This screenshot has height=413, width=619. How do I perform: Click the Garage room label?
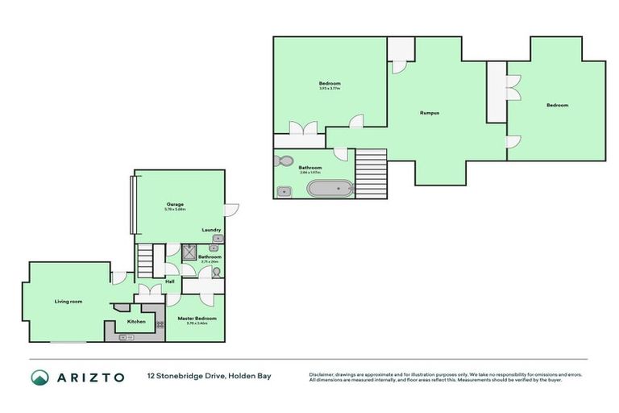pyautogui.click(x=175, y=204)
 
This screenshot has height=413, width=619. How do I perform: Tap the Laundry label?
pyautogui.click(x=211, y=230)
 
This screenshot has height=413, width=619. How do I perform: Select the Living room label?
pyautogui.click(x=69, y=302)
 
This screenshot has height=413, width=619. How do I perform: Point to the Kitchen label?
pyautogui.click(x=136, y=322)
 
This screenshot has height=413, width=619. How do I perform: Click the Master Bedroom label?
pyautogui.click(x=197, y=319)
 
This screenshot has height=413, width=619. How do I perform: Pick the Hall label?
pyautogui.click(x=170, y=282)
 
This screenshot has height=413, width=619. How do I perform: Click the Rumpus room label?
pyautogui.click(x=429, y=112)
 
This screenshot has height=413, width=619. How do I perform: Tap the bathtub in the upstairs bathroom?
pyautogui.click(x=330, y=190)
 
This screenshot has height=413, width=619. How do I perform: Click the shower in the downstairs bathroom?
pyautogui.click(x=189, y=252)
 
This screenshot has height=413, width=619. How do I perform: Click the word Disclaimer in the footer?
pyautogui.click(x=322, y=374)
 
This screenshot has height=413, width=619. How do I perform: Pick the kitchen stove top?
pyautogui.click(x=160, y=324)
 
